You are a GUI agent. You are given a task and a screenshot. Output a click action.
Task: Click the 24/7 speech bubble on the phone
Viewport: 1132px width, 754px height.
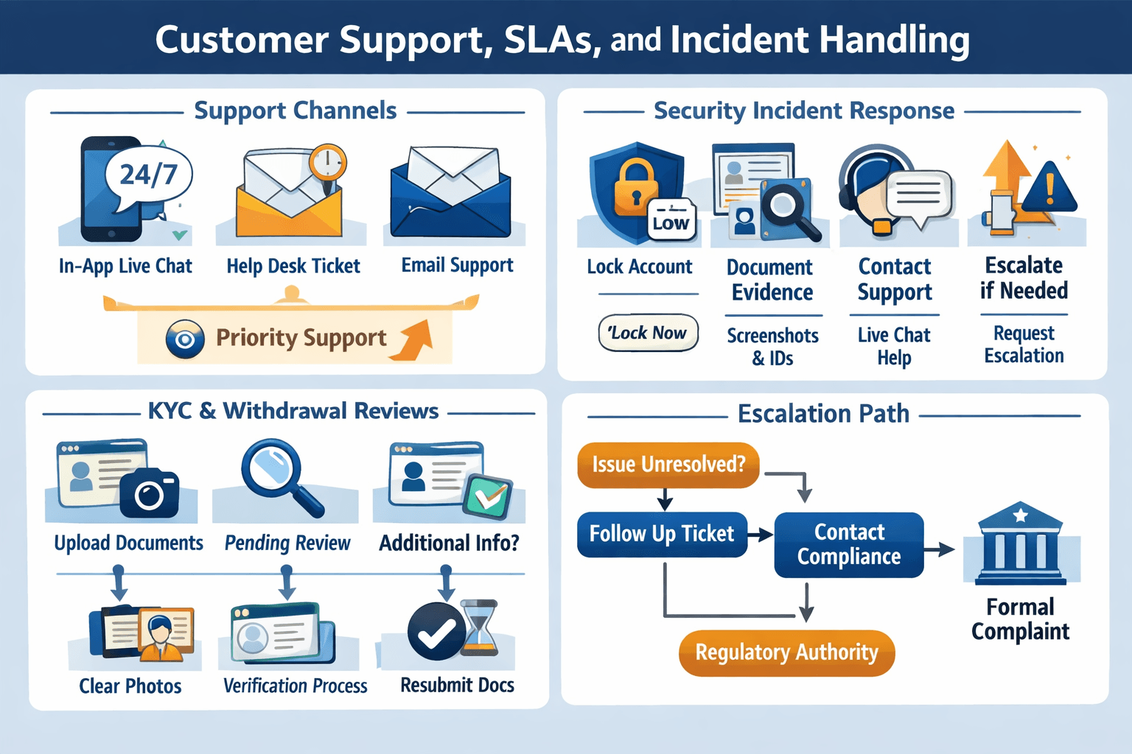[x=149, y=175]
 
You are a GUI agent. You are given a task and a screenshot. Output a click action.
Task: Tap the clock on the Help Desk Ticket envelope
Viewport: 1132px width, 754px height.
[x=327, y=162]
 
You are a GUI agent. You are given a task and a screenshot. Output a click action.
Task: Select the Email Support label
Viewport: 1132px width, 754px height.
[x=457, y=265]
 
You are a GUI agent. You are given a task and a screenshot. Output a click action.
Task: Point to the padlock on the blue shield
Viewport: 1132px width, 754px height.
[x=635, y=187]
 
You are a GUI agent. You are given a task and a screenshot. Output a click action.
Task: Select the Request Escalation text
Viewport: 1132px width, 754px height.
[x=1024, y=345]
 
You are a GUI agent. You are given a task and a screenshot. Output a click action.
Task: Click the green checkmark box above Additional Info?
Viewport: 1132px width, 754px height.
[x=487, y=496]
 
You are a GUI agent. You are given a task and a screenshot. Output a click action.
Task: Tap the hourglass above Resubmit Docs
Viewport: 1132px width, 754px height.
[x=480, y=627]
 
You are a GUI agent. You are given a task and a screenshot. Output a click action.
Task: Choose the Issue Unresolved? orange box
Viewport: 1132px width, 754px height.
[x=668, y=465]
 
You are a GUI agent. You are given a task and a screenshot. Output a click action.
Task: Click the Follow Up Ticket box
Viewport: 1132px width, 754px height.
[x=662, y=534]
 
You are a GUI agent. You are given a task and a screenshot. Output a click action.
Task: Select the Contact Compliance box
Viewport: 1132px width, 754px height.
[x=848, y=545]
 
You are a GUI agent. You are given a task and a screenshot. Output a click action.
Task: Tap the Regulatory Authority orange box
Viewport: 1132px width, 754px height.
[x=786, y=652]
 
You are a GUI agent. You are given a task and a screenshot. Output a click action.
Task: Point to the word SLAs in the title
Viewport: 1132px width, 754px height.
[x=548, y=40]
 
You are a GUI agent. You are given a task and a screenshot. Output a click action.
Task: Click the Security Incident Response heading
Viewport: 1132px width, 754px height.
[x=804, y=111]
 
